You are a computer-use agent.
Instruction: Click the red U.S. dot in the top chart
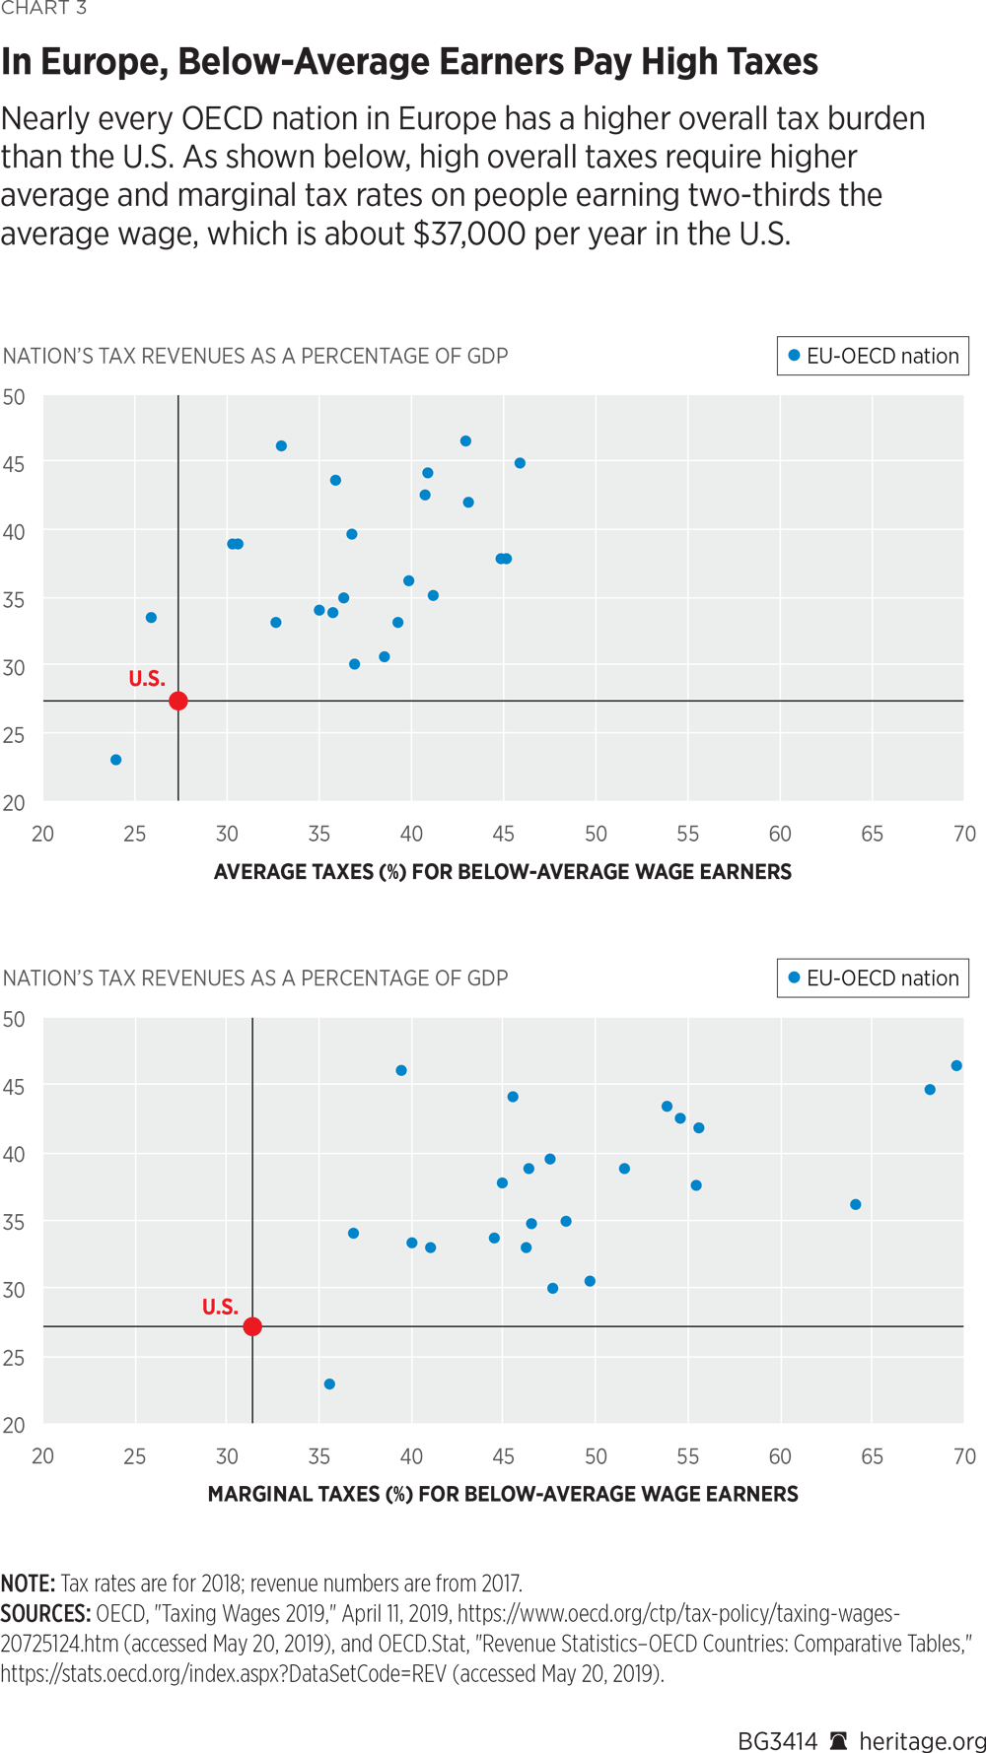pyautogui.click(x=178, y=701)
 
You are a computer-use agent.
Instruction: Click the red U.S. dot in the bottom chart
pyautogui.click(x=252, y=1326)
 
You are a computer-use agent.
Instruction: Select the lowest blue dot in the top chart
pyautogui.click(x=116, y=760)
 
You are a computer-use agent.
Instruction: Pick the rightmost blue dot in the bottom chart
pyautogui.click(x=956, y=1065)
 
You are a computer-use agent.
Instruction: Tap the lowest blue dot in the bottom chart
pyautogui.click(x=329, y=1384)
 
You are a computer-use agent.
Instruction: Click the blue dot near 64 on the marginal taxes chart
pyautogui.click(x=856, y=1204)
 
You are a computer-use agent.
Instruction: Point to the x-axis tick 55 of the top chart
pyautogui.click(x=688, y=834)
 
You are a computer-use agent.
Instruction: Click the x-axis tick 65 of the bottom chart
pyautogui.click(x=872, y=1455)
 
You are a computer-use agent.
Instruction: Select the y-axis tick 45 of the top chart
pyautogui.click(x=14, y=463)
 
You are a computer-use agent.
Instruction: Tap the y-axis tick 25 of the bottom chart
pyautogui.click(x=14, y=1357)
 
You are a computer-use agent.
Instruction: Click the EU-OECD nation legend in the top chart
pyautogui.click(x=873, y=356)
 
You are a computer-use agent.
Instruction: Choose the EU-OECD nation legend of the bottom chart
pyautogui.click(x=873, y=978)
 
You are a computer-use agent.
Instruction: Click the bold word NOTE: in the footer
pyautogui.click(x=28, y=1584)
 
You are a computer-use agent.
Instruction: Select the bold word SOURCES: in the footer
pyautogui.click(x=45, y=1614)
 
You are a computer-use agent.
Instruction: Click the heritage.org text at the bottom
pyautogui.click(x=923, y=1741)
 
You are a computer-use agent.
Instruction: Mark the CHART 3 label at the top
pyautogui.click(x=43, y=9)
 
